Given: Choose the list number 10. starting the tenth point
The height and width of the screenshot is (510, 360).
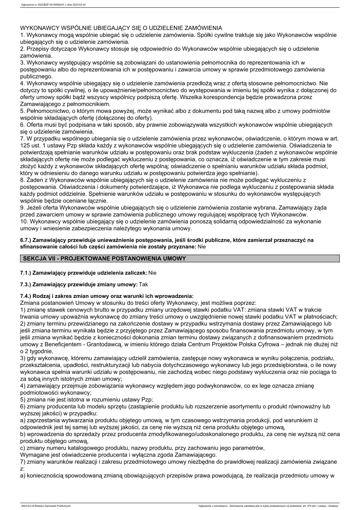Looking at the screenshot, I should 25,222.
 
